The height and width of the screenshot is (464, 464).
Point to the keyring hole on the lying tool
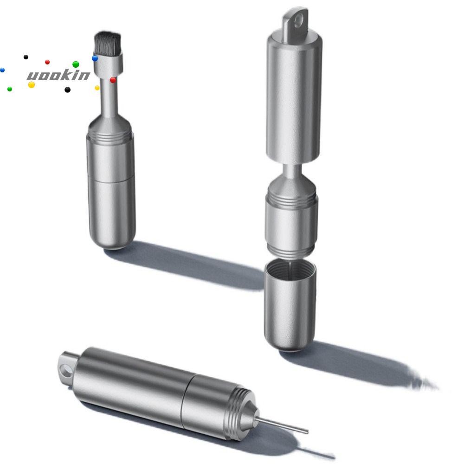[66, 371]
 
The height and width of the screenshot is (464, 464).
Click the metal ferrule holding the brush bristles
[108, 63]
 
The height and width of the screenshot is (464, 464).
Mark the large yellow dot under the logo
[32, 85]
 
